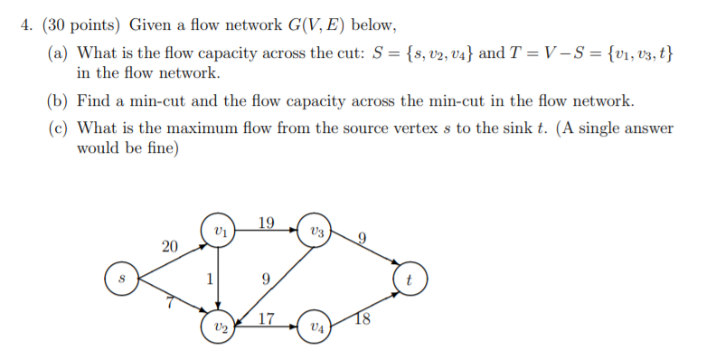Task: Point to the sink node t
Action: tap(409, 279)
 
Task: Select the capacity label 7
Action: tap(168, 301)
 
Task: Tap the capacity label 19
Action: tap(266, 223)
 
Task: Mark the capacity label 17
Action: tap(267, 317)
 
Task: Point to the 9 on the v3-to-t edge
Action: tap(362, 240)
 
